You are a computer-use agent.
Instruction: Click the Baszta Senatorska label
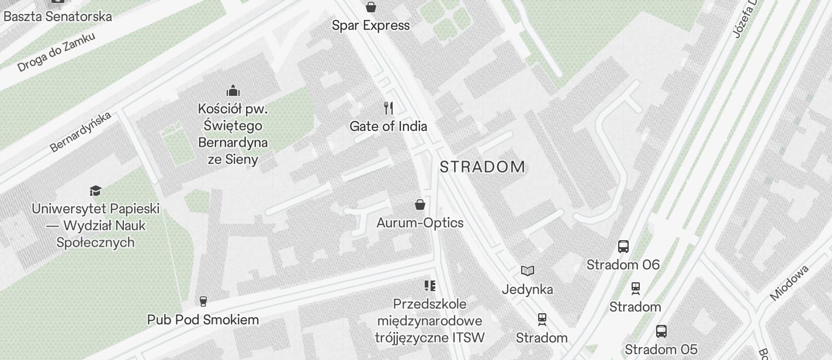[57, 16]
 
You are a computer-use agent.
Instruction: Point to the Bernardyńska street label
[81, 132]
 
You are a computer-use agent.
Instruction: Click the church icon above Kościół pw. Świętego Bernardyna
[233, 91]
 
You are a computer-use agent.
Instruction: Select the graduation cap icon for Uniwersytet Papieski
[95, 191]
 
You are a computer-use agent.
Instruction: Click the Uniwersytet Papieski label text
[96, 226]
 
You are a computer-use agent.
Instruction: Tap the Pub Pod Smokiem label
[203, 320]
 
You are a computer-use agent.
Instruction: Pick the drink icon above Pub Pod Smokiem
[203, 302]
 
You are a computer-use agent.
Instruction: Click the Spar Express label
[370, 25]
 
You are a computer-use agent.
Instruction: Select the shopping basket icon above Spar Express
[370, 7]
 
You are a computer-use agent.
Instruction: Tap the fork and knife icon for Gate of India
[389, 108]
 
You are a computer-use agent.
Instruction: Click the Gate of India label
[388, 126]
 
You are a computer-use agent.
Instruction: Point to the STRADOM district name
[483, 167]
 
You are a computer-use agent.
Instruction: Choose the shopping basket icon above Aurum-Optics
[420, 205]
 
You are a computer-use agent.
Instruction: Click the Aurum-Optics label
[420, 223]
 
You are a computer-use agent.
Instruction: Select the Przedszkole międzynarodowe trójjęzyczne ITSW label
[429, 321]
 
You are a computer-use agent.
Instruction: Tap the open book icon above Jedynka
[528, 271]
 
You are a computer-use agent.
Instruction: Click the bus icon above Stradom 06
[623, 247]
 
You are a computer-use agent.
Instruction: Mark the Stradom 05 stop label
[661, 349]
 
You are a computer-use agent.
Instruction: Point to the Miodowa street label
[789, 283]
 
